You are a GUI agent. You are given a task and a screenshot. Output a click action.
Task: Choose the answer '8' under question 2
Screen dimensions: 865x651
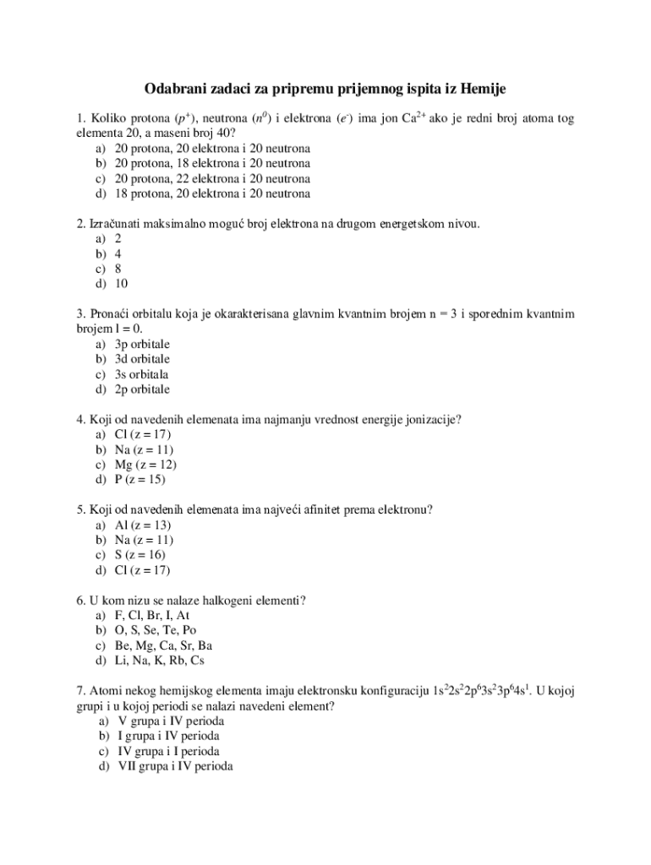coord(118,269)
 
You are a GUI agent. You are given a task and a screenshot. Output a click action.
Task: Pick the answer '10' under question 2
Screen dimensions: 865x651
coord(122,284)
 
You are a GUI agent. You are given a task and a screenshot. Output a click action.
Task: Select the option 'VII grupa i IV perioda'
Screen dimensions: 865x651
coord(176,766)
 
